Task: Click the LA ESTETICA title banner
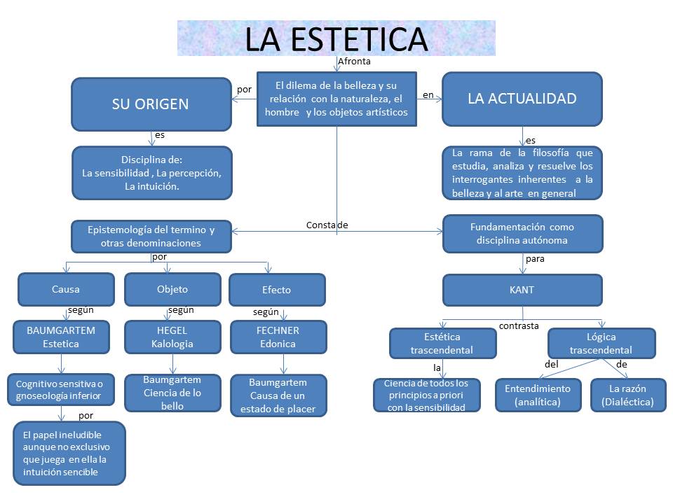pos(336,38)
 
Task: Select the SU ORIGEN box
pos(151,104)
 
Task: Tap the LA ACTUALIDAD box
pos(522,99)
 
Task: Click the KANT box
pos(522,290)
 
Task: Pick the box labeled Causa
pos(66,289)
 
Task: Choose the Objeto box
pos(172,289)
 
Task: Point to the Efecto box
pos(277,290)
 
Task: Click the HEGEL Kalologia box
pos(172,337)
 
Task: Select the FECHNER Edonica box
pos(278,337)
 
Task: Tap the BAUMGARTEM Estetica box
pos(61,337)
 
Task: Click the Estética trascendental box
pos(442,344)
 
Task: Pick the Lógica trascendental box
pos(601,344)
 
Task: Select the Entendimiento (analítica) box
pos(538,395)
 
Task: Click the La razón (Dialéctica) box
pos(628,395)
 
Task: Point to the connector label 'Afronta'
pos(354,62)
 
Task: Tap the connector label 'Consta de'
pos(327,225)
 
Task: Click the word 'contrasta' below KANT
pos(519,325)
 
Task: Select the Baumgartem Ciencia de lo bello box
pos(172,393)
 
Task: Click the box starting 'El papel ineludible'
pos(69,452)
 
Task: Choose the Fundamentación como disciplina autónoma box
pos(522,234)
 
